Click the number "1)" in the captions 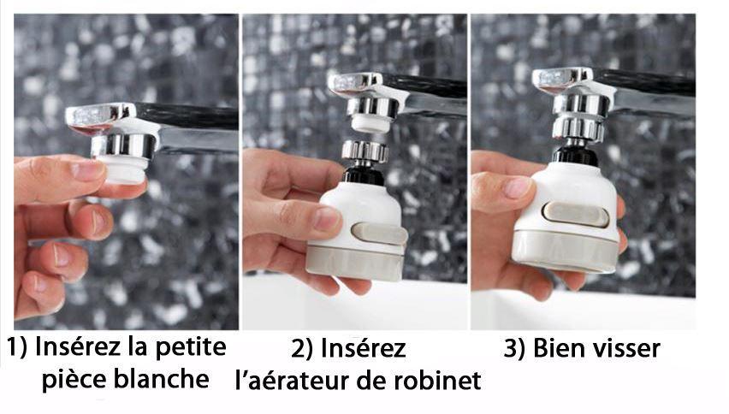(19, 349)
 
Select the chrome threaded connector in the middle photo (364, 151)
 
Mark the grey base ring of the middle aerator (357, 261)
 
